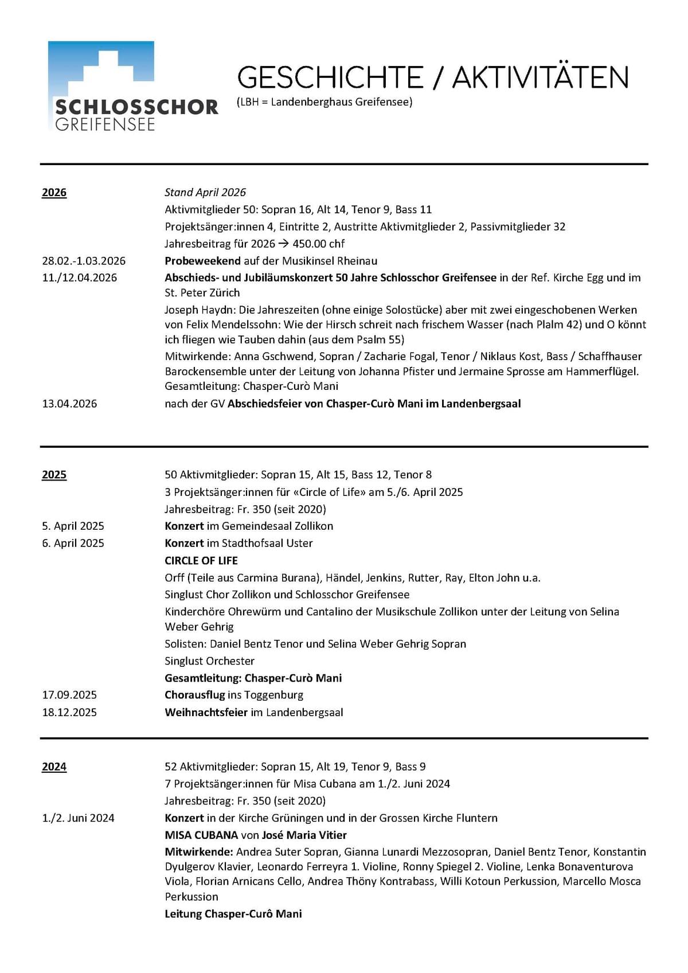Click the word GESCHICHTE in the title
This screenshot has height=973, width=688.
pyautogui.click(x=330, y=78)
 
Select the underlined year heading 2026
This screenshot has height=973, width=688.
pyautogui.click(x=54, y=193)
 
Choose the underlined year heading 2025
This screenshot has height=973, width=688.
pyautogui.click(x=54, y=475)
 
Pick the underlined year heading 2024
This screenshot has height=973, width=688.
pyautogui.click(x=54, y=767)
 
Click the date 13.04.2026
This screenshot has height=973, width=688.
pyautogui.click(x=69, y=404)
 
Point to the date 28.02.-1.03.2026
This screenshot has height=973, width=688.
pyautogui.click(x=84, y=261)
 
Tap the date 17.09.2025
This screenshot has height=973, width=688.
pyautogui.click(x=69, y=695)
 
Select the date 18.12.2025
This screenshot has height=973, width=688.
pyautogui.click(x=69, y=712)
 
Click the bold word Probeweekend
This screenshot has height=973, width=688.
pyautogui.click(x=202, y=261)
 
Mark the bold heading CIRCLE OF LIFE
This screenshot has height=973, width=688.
pyautogui.click(x=201, y=560)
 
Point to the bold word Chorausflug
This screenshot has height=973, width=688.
pyautogui.click(x=194, y=695)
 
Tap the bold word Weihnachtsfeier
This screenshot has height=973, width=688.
pyautogui.click(x=206, y=712)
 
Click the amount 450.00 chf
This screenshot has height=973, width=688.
pyautogui.click(x=318, y=244)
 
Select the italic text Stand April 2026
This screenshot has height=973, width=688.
pyautogui.click(x=205, y=193)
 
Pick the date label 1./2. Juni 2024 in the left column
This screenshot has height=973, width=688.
pyautogui.click(x=78, y=818)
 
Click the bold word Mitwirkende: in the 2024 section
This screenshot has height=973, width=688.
pyautogui.click(x=199, y=852)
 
